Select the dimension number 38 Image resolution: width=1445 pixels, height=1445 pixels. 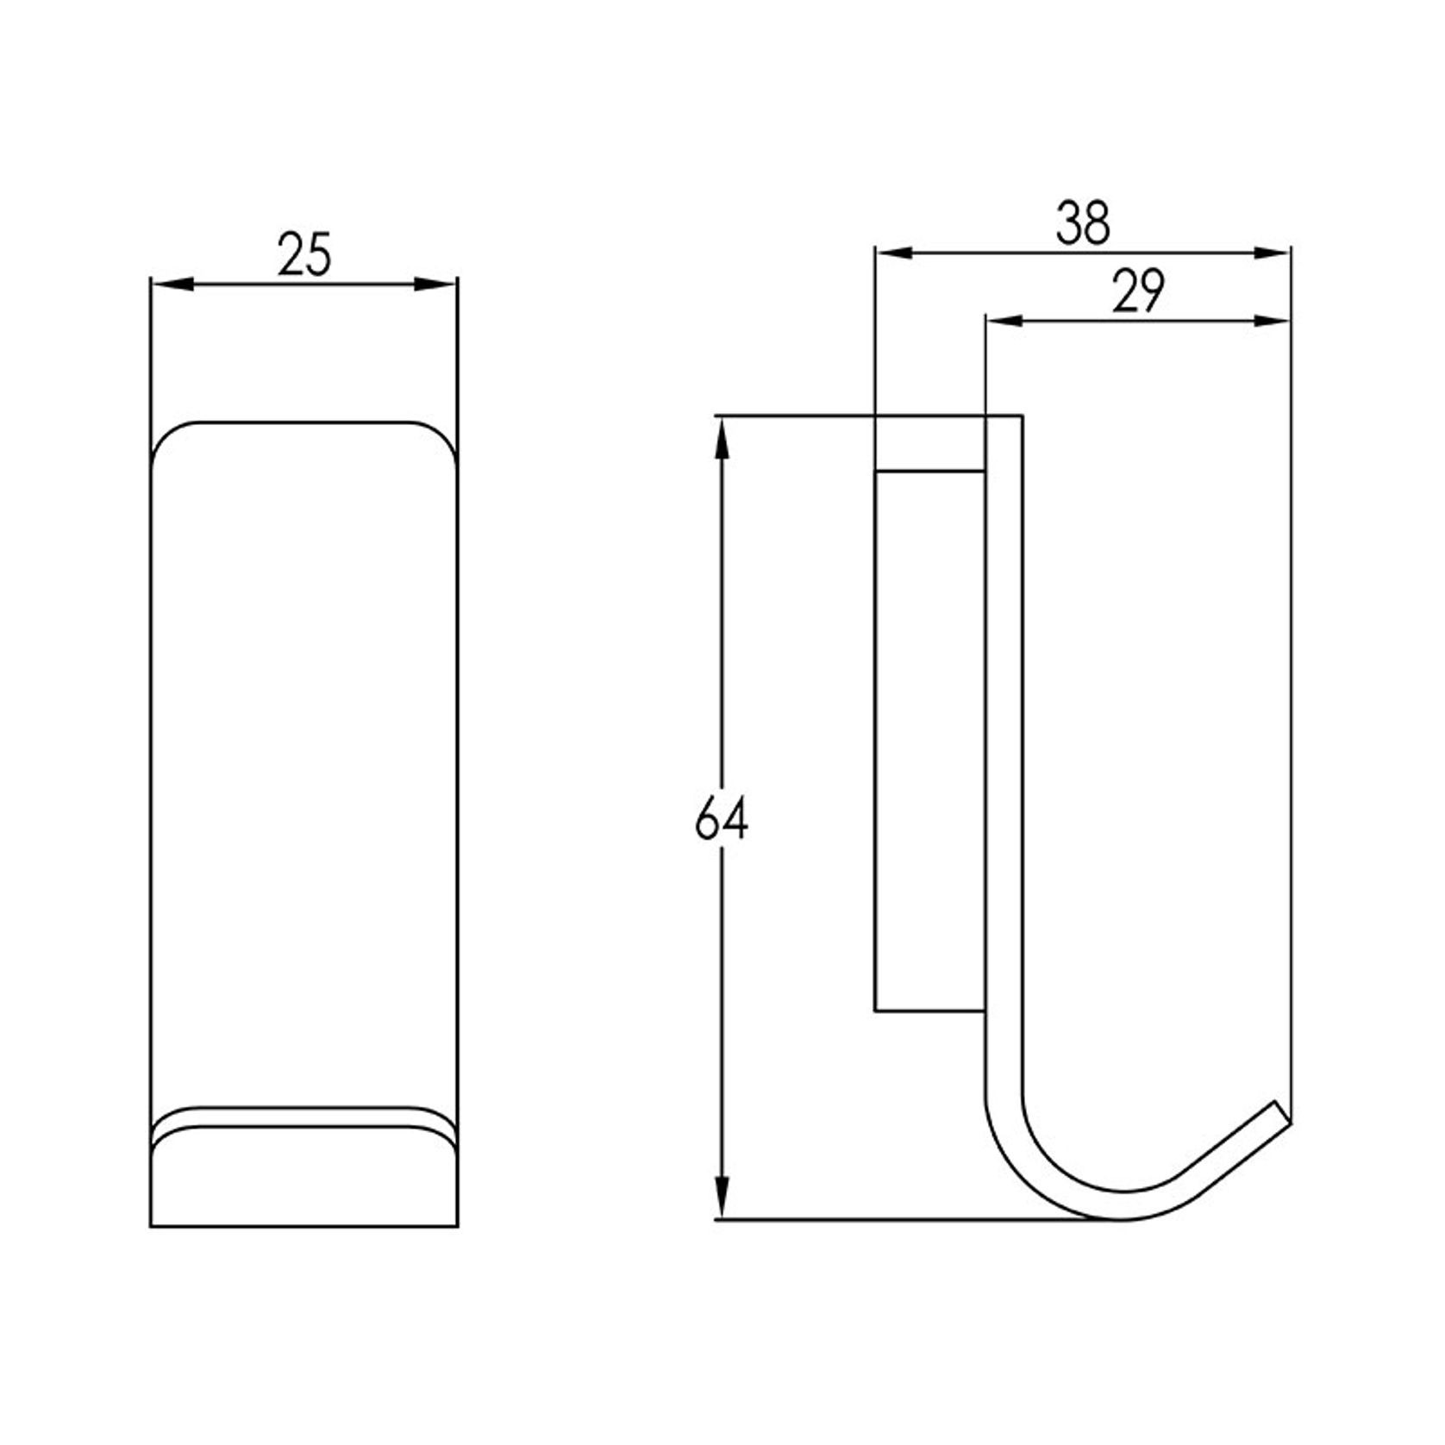pos(1083,223)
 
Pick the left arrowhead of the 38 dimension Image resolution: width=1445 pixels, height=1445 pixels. pos(893,253)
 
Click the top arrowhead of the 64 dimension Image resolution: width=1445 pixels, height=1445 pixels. pos(722,436)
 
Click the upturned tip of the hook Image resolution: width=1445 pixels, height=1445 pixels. pos(1281,1112)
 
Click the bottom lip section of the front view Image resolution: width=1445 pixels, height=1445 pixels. pos(303,1181)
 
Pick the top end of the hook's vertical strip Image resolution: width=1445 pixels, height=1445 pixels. pos(1004,422)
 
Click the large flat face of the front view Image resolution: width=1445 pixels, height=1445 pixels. pos(303,759)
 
